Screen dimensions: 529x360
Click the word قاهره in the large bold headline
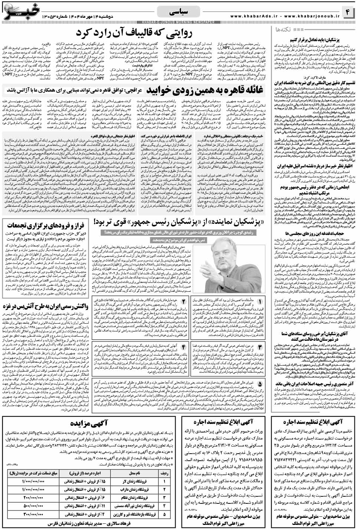click(x=231, y=91)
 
